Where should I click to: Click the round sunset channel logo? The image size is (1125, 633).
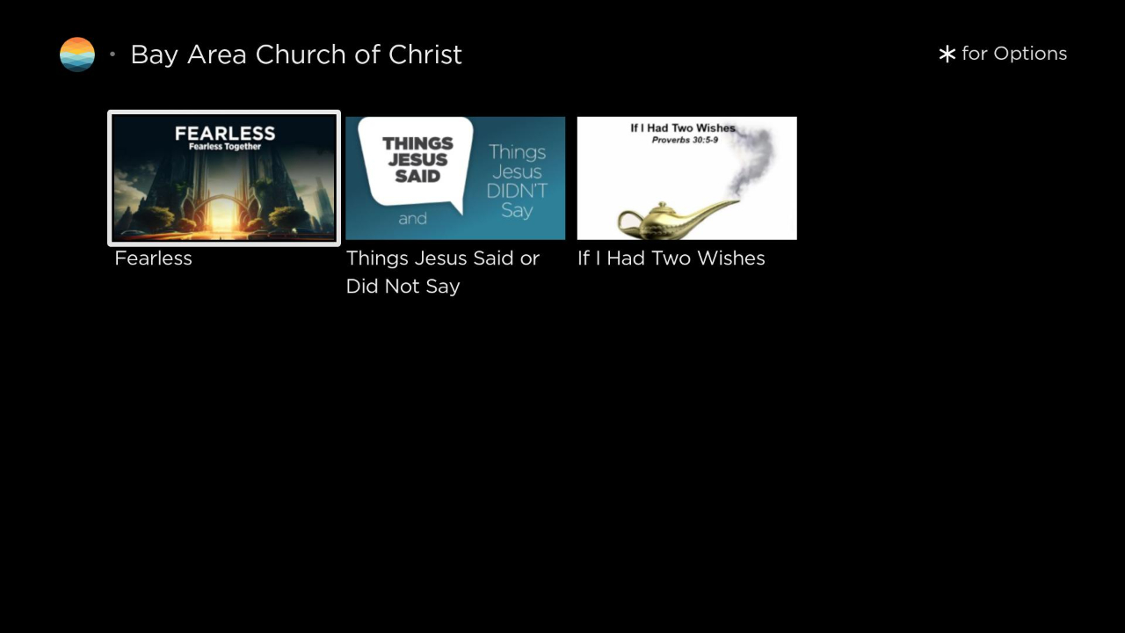(76, 55)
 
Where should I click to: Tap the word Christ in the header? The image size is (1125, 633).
(425, 55)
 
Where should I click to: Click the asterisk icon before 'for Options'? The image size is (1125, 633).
(947, 54)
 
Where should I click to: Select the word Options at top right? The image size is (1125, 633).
(1030, 54)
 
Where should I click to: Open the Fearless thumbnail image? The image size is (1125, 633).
(224, 178)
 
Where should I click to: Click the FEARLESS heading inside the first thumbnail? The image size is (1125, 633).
(225, 133)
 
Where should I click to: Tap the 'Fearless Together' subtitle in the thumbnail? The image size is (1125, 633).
(225, 147)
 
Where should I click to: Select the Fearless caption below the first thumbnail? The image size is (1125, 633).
(153, 258)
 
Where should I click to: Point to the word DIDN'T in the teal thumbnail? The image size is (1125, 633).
(517, 191)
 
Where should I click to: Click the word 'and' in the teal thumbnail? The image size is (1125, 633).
(413, 219)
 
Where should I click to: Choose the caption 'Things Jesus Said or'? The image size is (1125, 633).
(443, 258)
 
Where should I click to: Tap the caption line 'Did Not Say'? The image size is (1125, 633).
(403, 287)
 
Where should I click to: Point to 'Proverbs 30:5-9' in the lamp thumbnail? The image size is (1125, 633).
(685, 140)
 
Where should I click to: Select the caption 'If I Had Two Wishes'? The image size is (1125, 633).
(671, 258)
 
